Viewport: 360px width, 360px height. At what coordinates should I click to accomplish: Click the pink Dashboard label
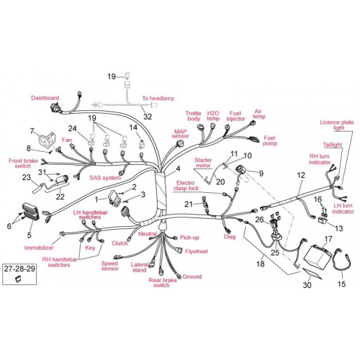[x=45, y=98]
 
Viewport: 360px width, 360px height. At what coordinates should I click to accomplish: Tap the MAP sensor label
[x=180, y=134]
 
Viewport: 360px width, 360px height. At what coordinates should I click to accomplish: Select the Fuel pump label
[x=270, y=140]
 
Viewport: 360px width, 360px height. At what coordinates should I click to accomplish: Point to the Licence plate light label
[x=337, y=125]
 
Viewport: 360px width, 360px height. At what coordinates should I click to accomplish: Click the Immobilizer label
[x=39, y=248]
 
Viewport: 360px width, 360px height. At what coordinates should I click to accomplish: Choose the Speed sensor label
[x=110, y=266]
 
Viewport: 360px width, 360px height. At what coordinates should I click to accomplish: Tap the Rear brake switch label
[x=163, y=283]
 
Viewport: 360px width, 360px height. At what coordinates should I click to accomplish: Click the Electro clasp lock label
[x=186, y=186]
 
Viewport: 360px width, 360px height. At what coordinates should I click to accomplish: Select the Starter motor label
[x=203, y=163]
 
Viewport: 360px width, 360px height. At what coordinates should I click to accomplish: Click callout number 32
[x=148, y=117]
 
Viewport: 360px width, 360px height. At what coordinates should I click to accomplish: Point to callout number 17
[x=328, y=239]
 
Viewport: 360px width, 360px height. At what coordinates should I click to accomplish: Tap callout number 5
[x=29, y=235]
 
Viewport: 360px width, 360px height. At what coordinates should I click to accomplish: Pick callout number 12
[x=301, y=175]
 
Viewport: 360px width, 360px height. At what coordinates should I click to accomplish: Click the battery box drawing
[x=318, y=255]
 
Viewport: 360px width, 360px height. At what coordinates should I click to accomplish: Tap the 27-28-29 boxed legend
[x=19, y=274]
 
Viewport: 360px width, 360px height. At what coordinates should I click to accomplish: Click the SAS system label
[x=105, y=178]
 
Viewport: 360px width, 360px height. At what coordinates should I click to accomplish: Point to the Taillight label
[x=333, y=145]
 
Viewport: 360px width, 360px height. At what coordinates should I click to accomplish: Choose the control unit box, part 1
[x=114, y=197]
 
